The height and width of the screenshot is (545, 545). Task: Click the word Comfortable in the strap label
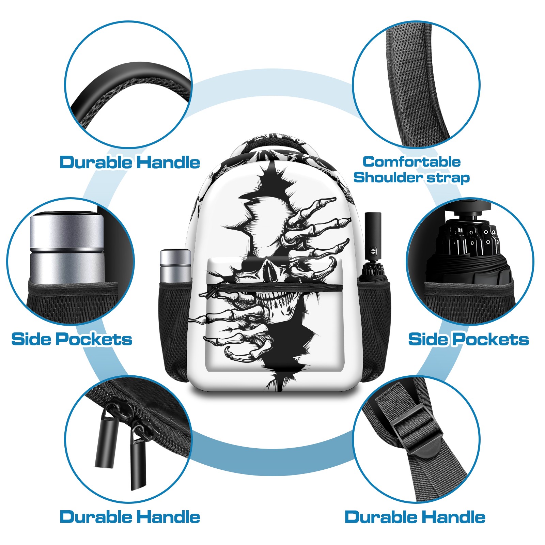[411, 162]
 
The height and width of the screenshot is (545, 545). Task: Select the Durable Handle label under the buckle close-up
[415, 517]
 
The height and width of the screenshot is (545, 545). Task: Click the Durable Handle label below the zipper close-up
[130, 517]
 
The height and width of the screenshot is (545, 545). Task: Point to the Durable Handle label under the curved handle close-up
[130, 162]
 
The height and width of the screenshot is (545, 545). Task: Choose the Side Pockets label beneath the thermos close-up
[72, 339]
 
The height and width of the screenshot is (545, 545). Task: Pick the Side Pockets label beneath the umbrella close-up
[469, 339]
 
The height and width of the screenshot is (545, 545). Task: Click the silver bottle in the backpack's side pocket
[175, 266]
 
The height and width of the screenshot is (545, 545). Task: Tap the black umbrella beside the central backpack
[373, 249]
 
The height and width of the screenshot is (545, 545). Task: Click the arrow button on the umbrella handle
[373, 252]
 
